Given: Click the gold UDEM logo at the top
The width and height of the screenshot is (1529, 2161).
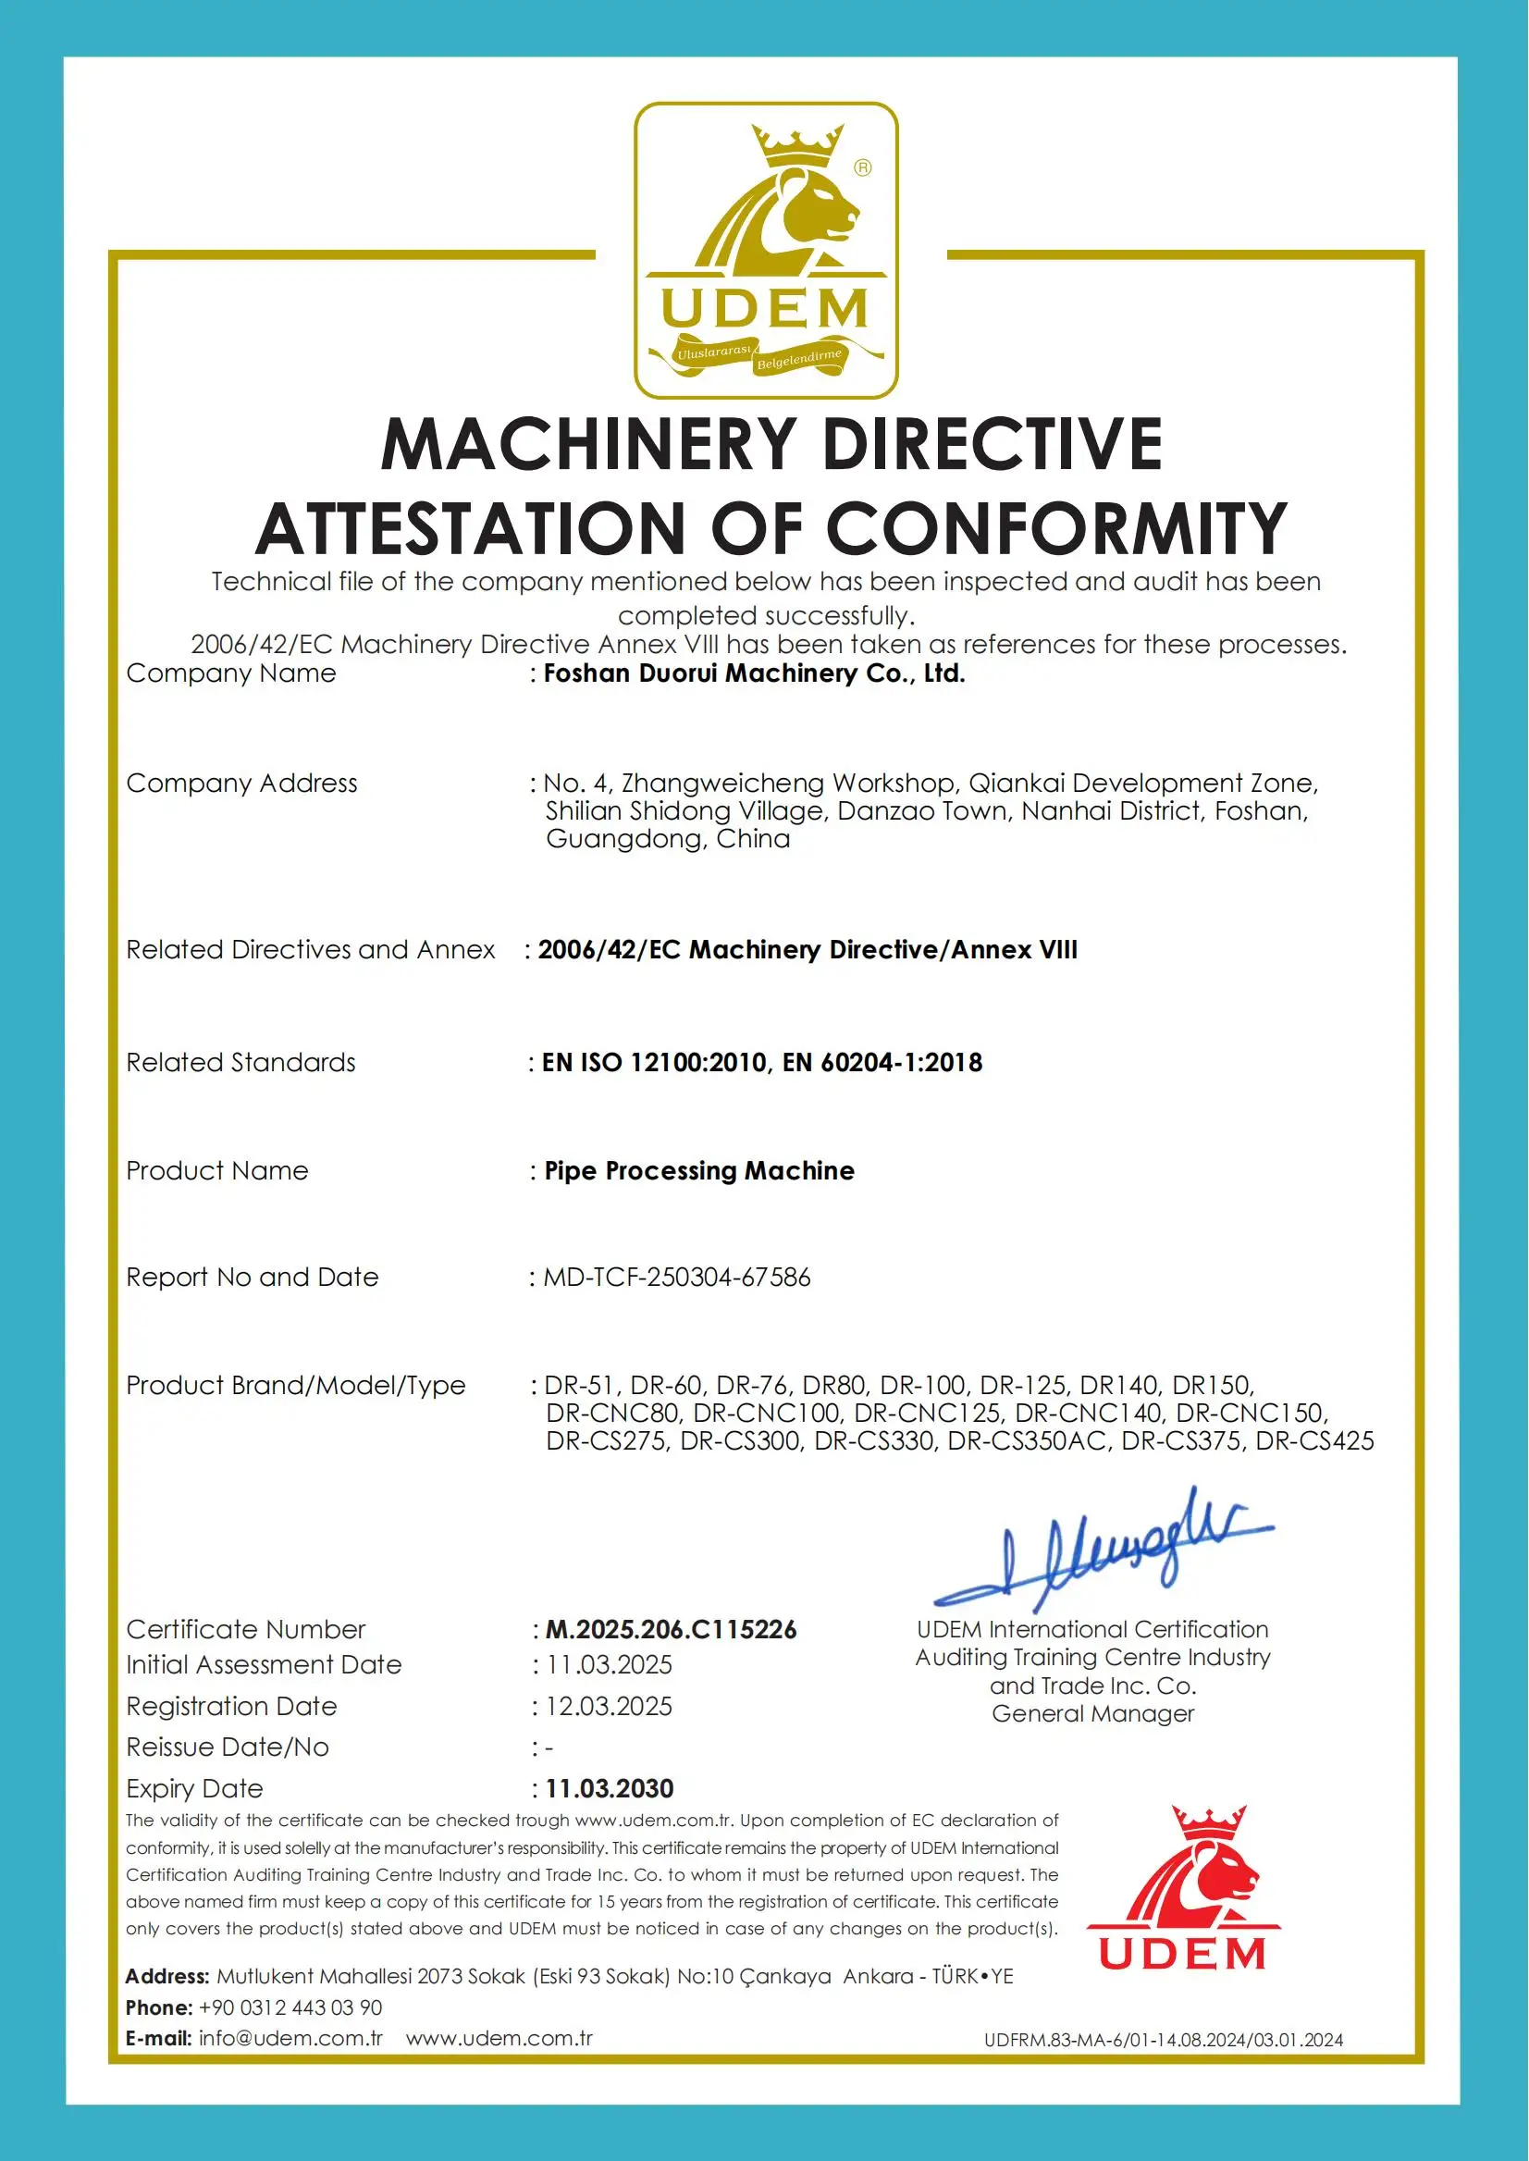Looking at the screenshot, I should click(766, 251).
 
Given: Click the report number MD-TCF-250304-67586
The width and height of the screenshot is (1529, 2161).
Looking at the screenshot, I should click(677, 1278).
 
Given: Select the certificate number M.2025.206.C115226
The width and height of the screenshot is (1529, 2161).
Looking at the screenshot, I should click(672, 1630).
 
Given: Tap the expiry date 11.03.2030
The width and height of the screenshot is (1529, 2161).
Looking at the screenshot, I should click(610, 1789).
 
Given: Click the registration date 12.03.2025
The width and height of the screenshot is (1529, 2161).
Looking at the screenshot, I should click(610, 1706).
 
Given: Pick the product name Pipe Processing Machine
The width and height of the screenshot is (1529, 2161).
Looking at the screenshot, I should click(699, 1171).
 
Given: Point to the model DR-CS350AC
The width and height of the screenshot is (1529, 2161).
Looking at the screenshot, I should click(1027, 1440).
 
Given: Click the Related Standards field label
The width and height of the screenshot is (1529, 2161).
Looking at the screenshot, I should click(241, 1063).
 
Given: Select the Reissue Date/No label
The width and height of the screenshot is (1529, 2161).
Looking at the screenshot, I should click(228, 1747).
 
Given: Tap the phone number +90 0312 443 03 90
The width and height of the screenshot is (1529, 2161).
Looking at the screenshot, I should click(290, 2007).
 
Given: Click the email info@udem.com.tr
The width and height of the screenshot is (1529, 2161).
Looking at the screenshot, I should click(291, 2039).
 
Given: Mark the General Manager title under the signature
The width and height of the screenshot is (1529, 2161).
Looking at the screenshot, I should click(1092, 1714).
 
